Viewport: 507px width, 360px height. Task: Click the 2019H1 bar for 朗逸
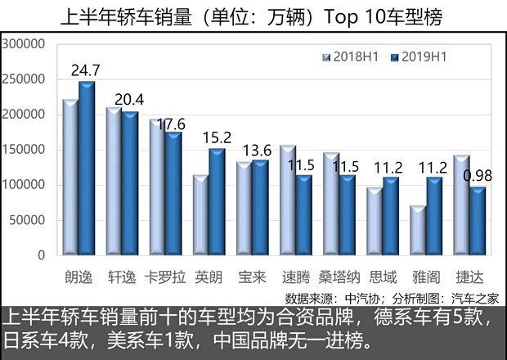tap(87, 168)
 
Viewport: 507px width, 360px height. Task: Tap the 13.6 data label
tap(258, 150)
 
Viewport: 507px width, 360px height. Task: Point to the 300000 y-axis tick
tap(27, 44)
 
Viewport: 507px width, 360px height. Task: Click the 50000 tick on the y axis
tap(30, 220)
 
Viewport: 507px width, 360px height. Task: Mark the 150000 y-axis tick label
tap(27, 150)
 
